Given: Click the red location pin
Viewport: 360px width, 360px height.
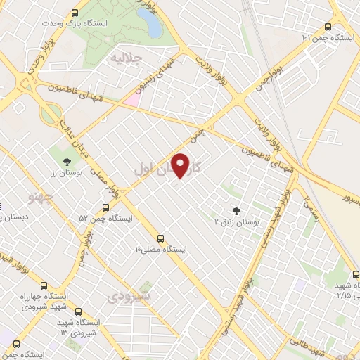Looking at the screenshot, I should [x=182, y=165].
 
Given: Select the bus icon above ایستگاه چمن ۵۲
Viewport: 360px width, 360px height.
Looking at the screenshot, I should [x=105, y=207].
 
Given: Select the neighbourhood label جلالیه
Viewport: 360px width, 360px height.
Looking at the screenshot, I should [x=129, y=58].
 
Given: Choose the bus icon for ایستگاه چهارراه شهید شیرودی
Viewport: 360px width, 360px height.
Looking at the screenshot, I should [x=45, y=286].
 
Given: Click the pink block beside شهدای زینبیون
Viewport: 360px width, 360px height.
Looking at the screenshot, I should [x=131, y=99].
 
